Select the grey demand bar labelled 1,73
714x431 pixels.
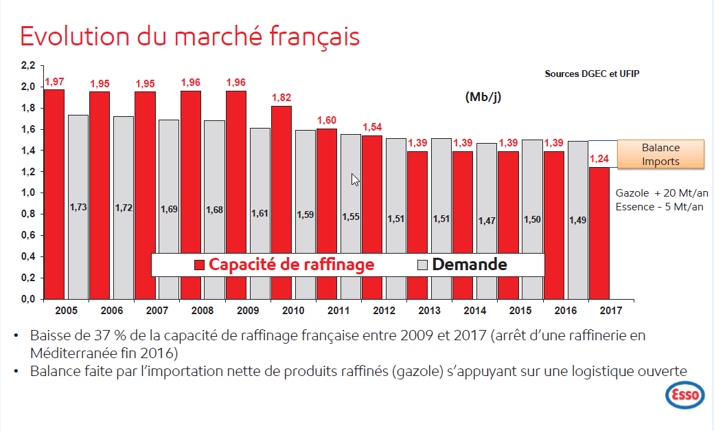(78, 206)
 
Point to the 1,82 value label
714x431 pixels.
(281, 98)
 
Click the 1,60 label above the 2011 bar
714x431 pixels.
(327, 120)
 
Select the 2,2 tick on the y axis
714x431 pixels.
(27, 65)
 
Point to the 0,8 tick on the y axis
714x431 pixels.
(27, 214)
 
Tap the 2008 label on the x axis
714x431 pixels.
(203, 310)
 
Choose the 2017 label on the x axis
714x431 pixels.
(611, 310)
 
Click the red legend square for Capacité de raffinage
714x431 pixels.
(200, 265)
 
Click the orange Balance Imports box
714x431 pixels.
(660, 155)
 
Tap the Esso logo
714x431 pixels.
(683, 395)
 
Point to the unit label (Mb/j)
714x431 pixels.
(483, 97)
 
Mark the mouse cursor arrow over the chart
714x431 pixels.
(355, 179)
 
